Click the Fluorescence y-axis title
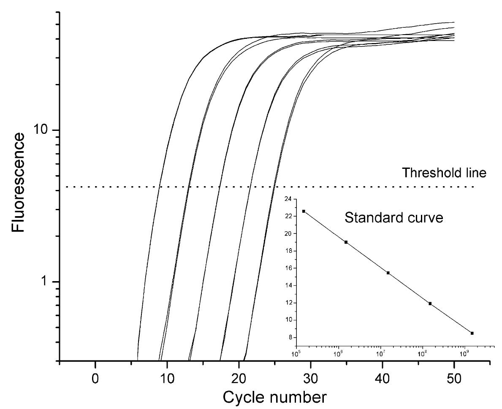tap(19, 183)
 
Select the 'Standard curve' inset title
tap(393, 218)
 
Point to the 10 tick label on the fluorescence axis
tap(44, 130)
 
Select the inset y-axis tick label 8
tap(289, 337)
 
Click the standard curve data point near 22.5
tap(304, 211)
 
